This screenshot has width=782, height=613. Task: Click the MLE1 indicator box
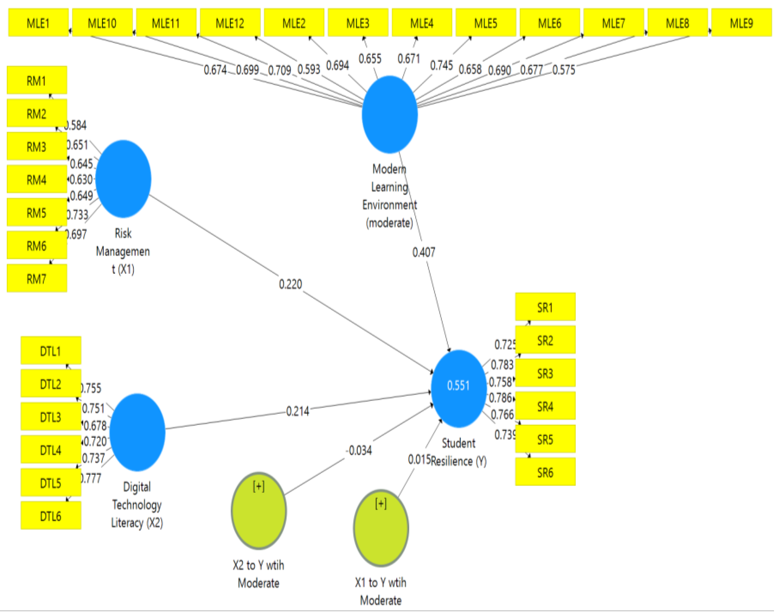pos(38,23)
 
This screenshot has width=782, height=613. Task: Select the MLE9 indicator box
pos(741,23)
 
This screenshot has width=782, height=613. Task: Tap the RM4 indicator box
pos(37,179)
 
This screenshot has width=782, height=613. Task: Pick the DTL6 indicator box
pos(51,516)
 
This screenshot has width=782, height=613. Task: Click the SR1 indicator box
pos(545,307)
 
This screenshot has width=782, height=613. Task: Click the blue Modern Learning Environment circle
pos(389,114)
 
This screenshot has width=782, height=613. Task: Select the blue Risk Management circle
pos(123,178)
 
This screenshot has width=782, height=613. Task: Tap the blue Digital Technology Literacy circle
pos(137,432)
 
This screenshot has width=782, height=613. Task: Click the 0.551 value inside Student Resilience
pos(458,385)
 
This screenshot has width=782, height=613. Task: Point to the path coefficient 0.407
pos(424,252)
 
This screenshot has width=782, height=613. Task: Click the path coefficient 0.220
pos(290,284)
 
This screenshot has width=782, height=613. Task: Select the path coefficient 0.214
pos(298,411)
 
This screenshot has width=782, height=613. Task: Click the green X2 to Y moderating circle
pos(258,511)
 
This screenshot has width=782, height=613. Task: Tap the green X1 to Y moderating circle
pos(381,528)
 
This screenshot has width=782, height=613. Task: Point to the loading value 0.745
pos(441,65)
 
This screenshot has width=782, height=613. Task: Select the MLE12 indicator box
pos(230,23)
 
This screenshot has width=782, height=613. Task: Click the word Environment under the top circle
pos(389,205)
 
